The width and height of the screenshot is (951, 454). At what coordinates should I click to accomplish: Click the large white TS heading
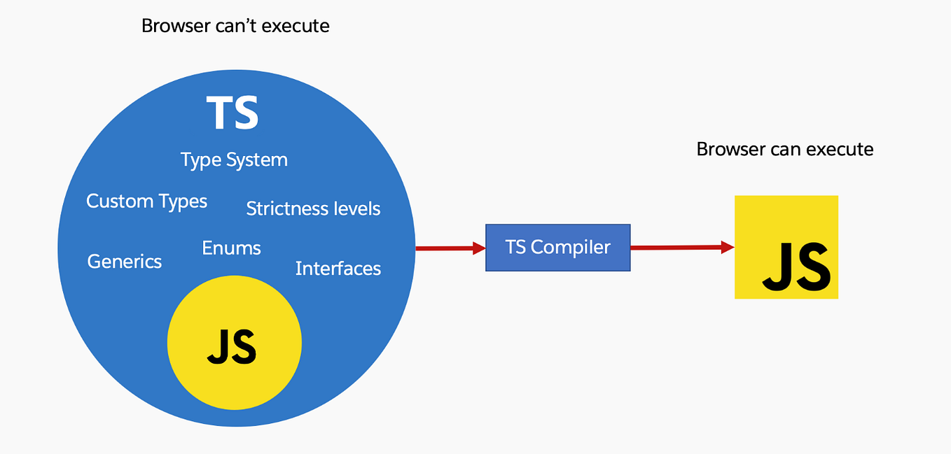(x=232, y=113)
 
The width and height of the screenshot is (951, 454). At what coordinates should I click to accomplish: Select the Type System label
(x=234, y=160)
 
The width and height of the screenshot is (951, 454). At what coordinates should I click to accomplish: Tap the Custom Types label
(x=146, y=201)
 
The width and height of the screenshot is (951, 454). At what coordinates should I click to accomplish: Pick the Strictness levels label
(x=313, y=208)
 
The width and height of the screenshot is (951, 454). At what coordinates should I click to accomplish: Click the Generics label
(x=124, y=262)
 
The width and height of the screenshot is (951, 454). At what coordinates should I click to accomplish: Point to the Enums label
(x=231, y=248)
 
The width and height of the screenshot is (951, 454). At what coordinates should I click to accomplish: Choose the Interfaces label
(x=338, y=269)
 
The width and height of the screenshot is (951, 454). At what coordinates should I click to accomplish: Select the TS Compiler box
(x=557, y=248)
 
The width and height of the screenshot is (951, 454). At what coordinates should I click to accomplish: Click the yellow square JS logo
(x=786, y=248)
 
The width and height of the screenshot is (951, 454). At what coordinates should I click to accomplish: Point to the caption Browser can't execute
(x=235, y=27)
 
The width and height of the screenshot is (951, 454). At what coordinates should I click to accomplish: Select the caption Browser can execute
(x=784, y=149)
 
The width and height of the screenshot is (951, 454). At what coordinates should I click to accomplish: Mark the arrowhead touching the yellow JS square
(x=728, y=247)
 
